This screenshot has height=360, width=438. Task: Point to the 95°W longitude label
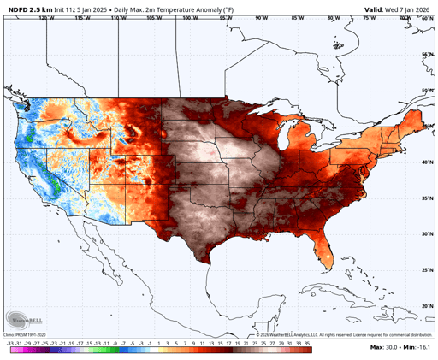click(x=224, y=17)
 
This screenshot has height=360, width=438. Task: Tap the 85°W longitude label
click(x=297, y=17)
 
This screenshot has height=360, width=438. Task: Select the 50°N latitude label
click(x=427, y=90)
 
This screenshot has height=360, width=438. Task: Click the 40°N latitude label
click(x=427, y=161)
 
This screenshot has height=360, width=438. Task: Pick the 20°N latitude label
click(x=427, y=305)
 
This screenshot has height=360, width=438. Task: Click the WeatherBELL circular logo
click(x=23, y=316)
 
